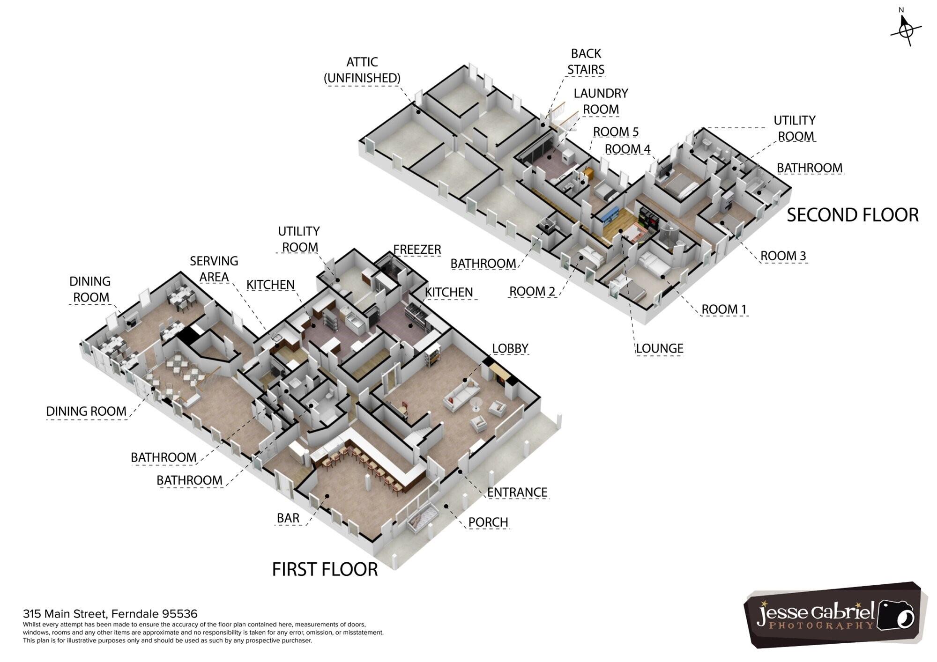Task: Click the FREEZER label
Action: click(x=417, y=250)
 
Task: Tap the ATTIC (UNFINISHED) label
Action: click(x=362, y=70)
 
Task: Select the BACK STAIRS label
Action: click(x=586, y=61)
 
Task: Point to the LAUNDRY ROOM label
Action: click(x=601, y=101)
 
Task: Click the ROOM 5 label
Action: click(x=616, y=132)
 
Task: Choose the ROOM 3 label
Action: click(x=783, y=256)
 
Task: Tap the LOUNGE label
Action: click(x=659, y=348)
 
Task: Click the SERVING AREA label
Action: click(x=214, y=269)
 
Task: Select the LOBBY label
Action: click(x=510, y=348)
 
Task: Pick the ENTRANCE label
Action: click(x=517, y=493)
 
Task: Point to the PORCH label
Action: click(x=488, y=522)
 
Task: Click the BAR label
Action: click(x=288, y=518)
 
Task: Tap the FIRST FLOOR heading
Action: click(x=325, y=569)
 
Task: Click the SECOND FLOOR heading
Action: click(x=853, y=215)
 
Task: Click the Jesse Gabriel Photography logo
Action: click(x=834, y=615)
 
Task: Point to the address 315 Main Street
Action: click(x=110, y=614)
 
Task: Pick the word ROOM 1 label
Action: click(x=723, y=309)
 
